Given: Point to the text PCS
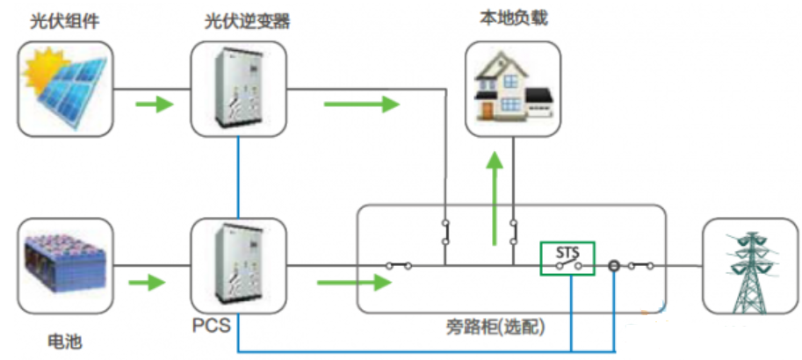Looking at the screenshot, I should tap(211, 328).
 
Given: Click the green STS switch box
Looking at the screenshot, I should tap(567, 259).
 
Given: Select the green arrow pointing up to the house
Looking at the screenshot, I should tap(496, 198).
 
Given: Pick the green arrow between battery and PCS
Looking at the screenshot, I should tap(147, 284).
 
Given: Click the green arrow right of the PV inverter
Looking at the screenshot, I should tap(360, 105).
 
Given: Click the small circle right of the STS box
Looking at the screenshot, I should tap(615, 265).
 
